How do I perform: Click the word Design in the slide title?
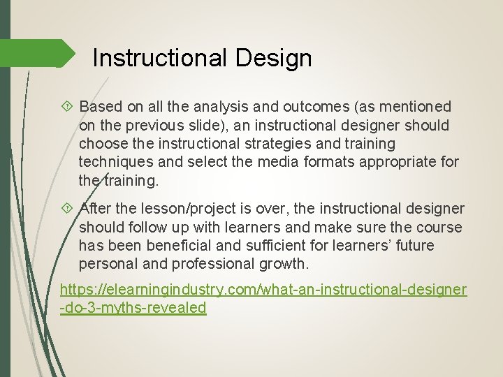click(x=274, y=58)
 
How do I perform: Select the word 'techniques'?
click(x=114, y=162)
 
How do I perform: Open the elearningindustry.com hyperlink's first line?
click(x=263, y=290)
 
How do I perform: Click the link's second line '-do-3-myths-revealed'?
click(x=133, y=308)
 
